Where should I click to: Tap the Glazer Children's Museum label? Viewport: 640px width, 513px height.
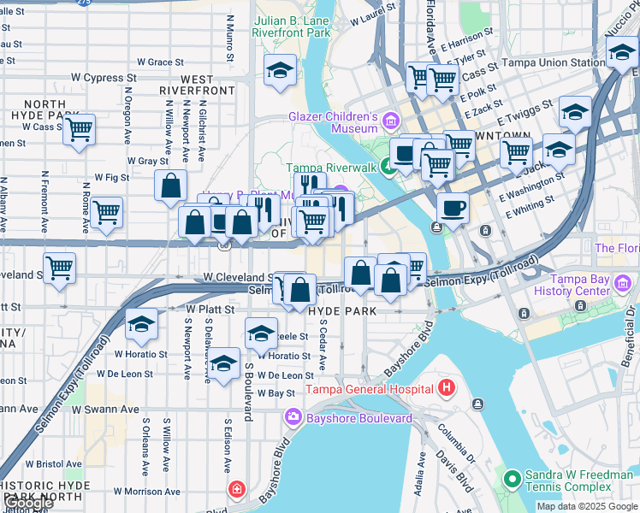click(333, 122)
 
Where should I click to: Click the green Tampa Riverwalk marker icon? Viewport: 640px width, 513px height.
click(388, 168)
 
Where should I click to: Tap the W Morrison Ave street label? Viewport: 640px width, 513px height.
click(146, 492)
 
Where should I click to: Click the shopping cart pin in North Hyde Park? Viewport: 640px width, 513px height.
click(79, 131)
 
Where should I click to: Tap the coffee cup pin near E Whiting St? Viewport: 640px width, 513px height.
click(452, 208)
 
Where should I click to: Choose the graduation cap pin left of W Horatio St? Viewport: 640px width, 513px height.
click(141, 325)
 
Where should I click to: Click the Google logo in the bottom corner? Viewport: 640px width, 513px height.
click(27, 503)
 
